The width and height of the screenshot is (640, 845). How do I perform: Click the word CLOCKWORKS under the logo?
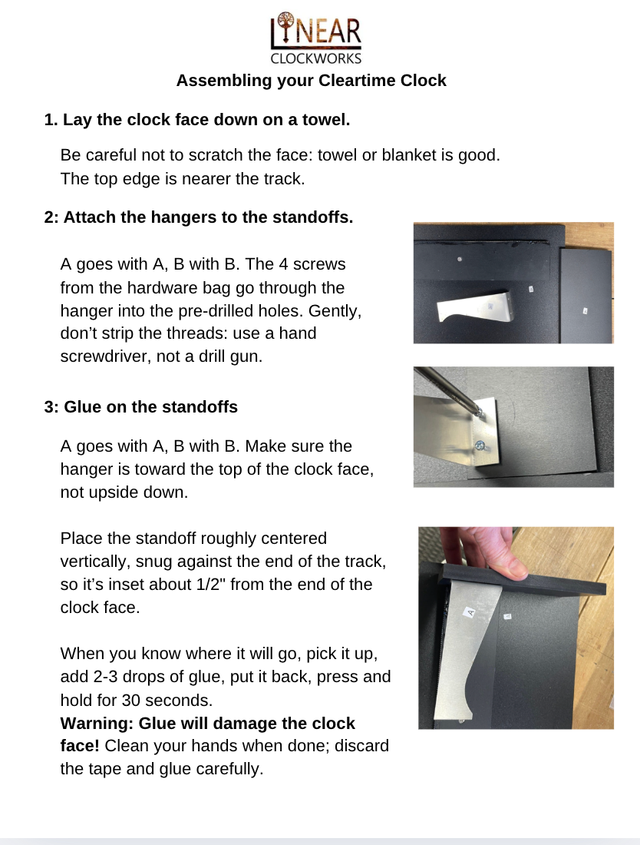click(315, 58)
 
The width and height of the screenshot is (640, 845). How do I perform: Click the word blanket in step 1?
click(406, 155)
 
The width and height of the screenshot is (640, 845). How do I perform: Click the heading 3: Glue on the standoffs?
click(141, 407)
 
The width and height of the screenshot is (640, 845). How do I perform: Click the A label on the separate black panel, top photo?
click(585, 310)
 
